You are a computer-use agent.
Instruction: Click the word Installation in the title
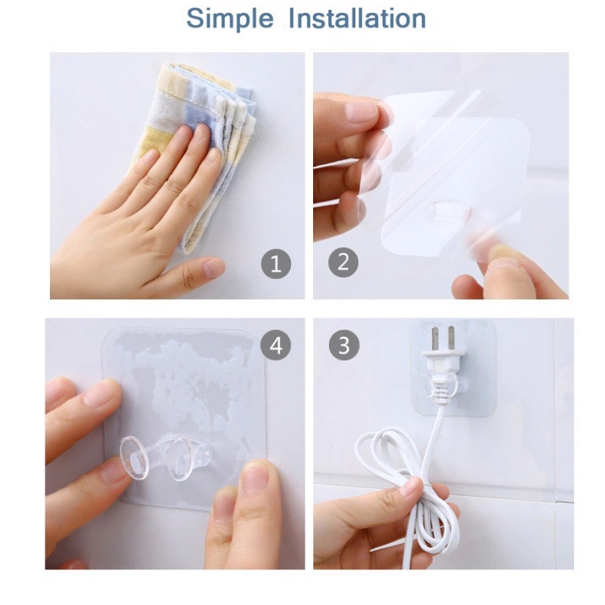pyautogui.click(x=357, y=18)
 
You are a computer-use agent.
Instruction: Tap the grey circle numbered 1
pyautogui.click(x=276, y=264)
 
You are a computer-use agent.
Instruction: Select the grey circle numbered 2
pyautogui.click(x=343, y=262)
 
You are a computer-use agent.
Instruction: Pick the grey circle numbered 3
pyautogui.click(x=344, y=345)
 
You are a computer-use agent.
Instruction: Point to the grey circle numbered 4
pyautogui.click(x=275, y=345)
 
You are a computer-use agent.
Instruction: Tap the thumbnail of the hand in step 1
pyautogui.click(x=213, y=268)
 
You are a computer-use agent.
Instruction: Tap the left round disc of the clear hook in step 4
pyautogui.click(x=135, y=459)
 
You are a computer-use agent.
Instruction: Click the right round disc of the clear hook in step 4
pyautogui.click(x=182, y=459)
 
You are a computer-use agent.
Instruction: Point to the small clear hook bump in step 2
pyautogui.click(x=448, y=211)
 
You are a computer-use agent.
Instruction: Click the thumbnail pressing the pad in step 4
pyautogui.click(x=254, y=476)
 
